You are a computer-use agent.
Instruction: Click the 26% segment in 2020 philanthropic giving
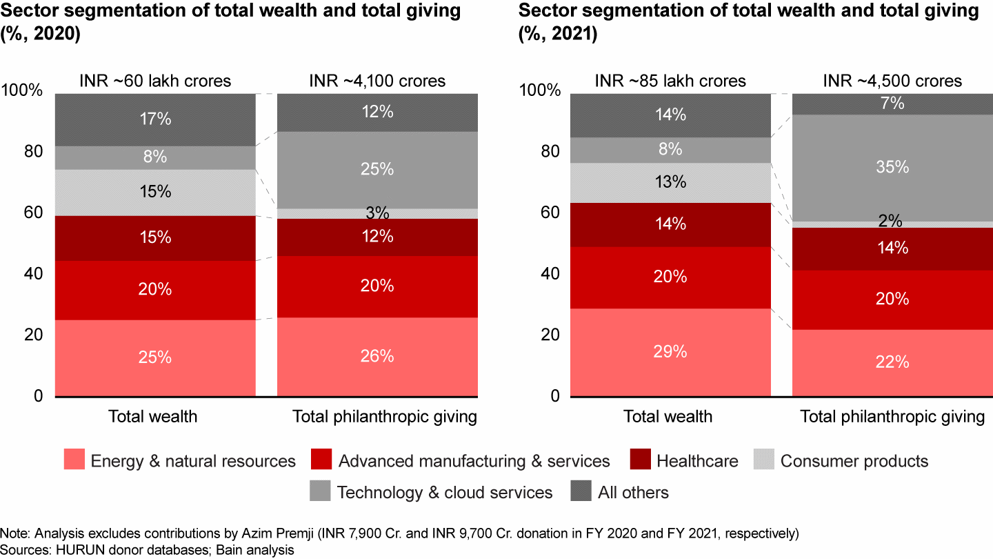coord(377,356)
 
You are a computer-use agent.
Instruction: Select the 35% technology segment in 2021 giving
coord(892,168)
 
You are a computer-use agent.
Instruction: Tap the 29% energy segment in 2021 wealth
coord(670,351)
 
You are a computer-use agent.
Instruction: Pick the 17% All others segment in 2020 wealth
coord(154,119)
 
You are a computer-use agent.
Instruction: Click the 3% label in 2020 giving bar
coord(377,213)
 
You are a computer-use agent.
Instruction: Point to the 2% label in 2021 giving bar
coord(892,222)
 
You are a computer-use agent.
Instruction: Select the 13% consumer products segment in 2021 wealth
coord(670,182)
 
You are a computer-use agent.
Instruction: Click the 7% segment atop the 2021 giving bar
coord(892,104)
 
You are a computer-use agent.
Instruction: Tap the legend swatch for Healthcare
coord(639,461)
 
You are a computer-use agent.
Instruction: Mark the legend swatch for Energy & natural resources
coord(74,461)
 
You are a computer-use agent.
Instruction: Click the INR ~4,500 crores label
coord(892,81)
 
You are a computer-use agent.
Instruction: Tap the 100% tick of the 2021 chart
coord(534,91)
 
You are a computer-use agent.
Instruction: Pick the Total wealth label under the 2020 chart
coord(152,416)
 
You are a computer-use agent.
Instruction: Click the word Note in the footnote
coord(12,534)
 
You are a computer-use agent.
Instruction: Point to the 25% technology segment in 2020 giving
coord(377,169)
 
